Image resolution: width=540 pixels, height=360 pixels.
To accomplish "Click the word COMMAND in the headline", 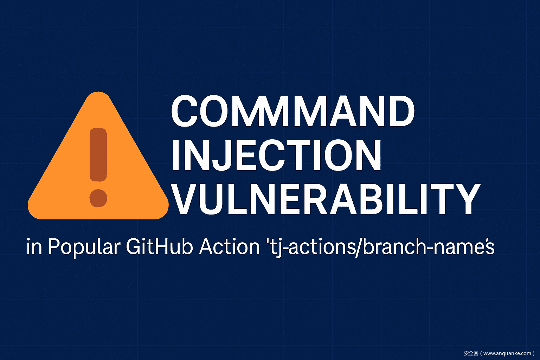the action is [x=292, y=111].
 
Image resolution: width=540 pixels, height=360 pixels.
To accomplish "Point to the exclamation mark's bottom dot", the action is [x=98, y=198].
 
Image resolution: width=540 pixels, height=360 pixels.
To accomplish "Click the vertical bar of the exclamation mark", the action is [x=98, y=155].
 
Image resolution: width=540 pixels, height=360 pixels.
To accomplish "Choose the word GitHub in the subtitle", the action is [x=160, y=247].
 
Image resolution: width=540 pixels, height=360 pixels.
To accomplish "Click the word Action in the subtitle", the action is [x=229, y=247].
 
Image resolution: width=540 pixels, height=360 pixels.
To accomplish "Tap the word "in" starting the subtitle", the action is [x=34, y=247].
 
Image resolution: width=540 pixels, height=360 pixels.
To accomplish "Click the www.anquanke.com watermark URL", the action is [x=507, y=353].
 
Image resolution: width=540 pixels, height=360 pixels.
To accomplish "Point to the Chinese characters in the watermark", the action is [x=471, y=353].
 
